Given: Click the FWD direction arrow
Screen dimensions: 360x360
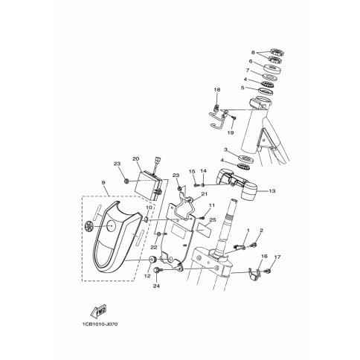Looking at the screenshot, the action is tap(98, 312).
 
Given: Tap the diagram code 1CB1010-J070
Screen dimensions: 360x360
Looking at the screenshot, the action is tap(100, 324).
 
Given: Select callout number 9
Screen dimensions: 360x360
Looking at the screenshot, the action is tap(103, 182).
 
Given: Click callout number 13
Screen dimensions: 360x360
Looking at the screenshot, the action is tap(272, 191).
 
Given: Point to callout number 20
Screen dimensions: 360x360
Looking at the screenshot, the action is tap(135, 158).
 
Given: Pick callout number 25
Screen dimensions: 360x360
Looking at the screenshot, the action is tap(213, 220).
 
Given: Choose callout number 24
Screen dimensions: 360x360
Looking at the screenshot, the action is tap(156, 286).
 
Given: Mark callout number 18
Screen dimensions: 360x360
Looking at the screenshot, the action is tap(217, 89).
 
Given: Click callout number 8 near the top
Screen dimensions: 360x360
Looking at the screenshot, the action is tap(253, 52).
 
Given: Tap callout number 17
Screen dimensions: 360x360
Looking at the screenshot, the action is tap(277, 257).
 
